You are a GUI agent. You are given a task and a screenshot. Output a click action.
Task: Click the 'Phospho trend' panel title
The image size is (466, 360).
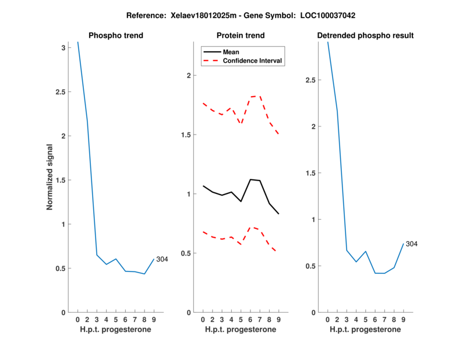pyautogui.click(x=115, y=36)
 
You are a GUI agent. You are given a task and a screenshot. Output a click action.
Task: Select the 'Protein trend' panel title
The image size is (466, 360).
pyautogui.click(x=241, y=36)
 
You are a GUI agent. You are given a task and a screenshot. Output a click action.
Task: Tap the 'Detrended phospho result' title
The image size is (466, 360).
pyautogui.click(x=365, y=36)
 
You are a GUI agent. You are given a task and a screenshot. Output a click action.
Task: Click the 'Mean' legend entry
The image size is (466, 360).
pyautogui.click(x=231, y=52)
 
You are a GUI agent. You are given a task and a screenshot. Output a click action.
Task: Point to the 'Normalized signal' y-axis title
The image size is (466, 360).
pyautogui.click(x=50, y=177)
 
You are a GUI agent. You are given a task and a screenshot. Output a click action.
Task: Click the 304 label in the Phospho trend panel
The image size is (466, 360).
pyautogui.click(x=162, y=259)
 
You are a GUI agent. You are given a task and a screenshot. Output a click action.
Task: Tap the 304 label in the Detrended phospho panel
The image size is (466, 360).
pyautogui.click(x=411, y=244)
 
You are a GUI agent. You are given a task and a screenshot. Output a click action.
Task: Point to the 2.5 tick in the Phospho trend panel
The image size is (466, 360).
pyautogui.click(x=59, y=92)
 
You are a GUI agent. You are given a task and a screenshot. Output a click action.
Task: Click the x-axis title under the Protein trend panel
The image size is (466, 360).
pyautogui.click(x=241, y=330)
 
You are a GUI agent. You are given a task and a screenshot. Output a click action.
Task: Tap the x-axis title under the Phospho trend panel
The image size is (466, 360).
pyautogui.click(x=115, y=330)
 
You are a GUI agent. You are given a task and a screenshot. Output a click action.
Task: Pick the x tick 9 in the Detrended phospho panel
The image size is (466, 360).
pyautogui.click(x=403, y=320)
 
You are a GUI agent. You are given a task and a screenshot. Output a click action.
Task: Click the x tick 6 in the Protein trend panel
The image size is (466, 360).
pyautogui.click(x=250, y=320)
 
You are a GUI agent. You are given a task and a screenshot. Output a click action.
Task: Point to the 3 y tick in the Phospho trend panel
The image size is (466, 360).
pyautogui.click(x=63, y=48)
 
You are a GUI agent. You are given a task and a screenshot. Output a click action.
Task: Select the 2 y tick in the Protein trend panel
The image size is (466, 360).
pyautogui.click(x=188, y=76)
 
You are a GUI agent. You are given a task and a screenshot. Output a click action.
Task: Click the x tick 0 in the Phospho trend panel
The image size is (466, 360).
pyautogui.click(x=77, y=320)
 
